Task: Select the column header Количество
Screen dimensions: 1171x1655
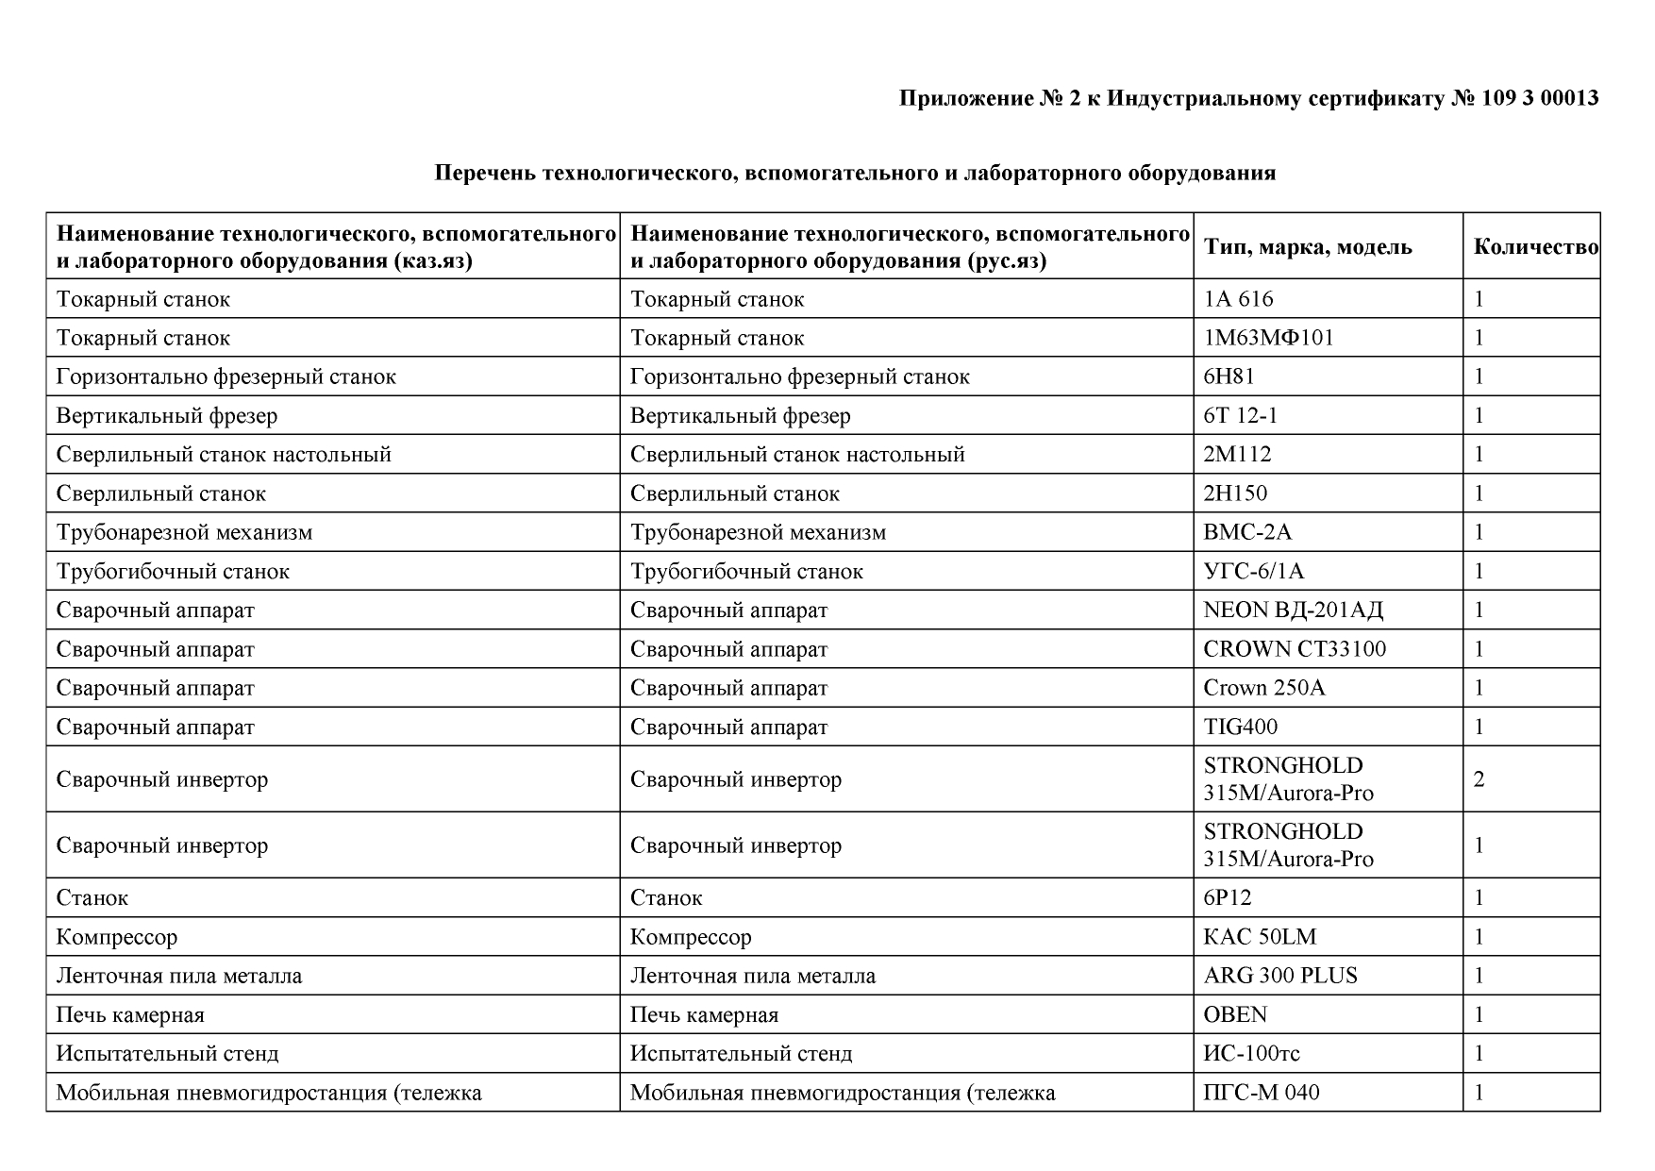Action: point(1535,247)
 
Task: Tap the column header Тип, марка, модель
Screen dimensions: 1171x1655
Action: point(1308,247)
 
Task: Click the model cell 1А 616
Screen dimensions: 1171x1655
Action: point(1238,299)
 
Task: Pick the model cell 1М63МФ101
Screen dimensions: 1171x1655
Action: point(1268,338)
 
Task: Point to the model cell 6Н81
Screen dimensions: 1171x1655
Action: point(1229,376)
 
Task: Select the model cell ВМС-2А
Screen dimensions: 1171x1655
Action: point(1247,532)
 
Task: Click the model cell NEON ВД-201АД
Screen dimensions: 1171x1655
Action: point(1293,610)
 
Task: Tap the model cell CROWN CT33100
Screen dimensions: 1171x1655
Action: point(1295,649)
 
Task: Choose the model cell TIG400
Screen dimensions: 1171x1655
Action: point(1240,727)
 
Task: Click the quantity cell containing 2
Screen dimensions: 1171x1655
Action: point(1479,779)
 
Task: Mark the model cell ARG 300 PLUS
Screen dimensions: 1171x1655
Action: point(1280,976)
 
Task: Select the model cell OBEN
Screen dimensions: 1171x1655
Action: point(1235,1014)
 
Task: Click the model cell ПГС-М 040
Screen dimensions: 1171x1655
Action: point(1262,1093)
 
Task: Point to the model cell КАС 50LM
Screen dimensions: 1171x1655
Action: point(1260,937)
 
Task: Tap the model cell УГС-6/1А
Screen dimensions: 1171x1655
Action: point(1254,571)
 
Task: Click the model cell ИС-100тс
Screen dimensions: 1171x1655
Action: point(1251,1053)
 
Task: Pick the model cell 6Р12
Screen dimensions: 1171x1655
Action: point(1228,897)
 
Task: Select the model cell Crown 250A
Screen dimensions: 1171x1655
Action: point(1264,688)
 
